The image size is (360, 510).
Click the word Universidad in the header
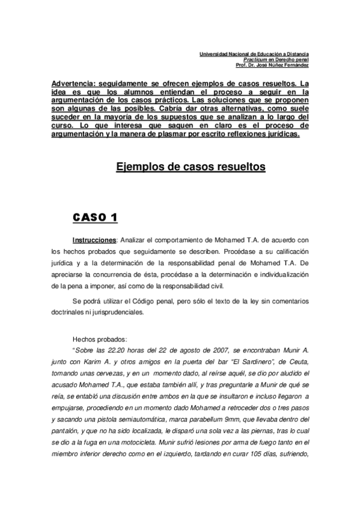(215, 55)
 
